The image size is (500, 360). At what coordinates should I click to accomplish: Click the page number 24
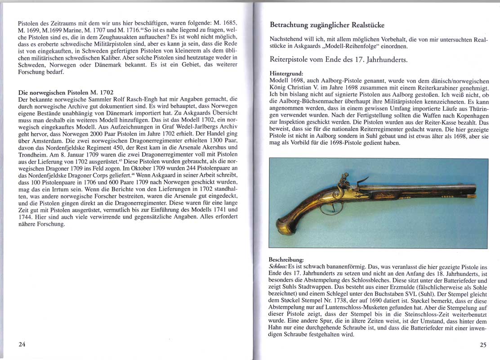pyautogui.click(x=22, y=345)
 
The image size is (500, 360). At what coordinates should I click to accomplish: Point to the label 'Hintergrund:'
pyautogui.click(x=286, y=73)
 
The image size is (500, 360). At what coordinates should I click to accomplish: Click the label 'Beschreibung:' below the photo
pyautogui.click(x=286, y=260)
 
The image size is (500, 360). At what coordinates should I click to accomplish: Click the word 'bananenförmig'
pyautogui.click(x=337, y=266)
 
